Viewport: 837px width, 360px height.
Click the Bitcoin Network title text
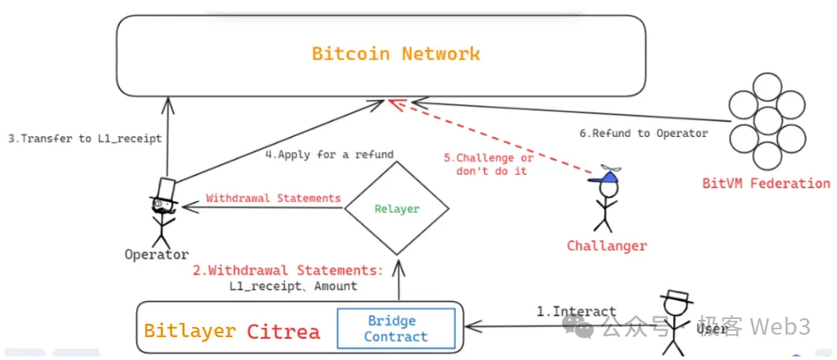(x=396, y=54)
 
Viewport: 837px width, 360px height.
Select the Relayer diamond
(x=398, y=209)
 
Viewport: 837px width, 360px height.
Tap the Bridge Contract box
(x=396, y=328)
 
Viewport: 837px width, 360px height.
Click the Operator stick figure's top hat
(x=166, y=190)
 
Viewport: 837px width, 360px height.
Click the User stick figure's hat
(x=676, y=297)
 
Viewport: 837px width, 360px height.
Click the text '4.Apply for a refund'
(x=329, y=154)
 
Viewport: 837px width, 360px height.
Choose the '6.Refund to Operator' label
(x=643, y=133)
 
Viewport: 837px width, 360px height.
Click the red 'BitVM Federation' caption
(x=765, y=184)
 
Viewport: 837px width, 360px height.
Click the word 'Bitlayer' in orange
(x=190, y=331)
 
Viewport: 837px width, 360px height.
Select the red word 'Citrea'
(x=283, y=331)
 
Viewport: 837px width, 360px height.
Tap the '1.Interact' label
(x=576, y=311)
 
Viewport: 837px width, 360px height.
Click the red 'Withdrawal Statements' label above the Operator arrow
(x=273, y=198)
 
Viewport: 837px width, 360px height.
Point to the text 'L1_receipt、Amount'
(x=293, y=286)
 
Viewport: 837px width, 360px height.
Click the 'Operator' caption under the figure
(x=157, y=254)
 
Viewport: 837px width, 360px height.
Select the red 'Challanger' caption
(x=606, y=246)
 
